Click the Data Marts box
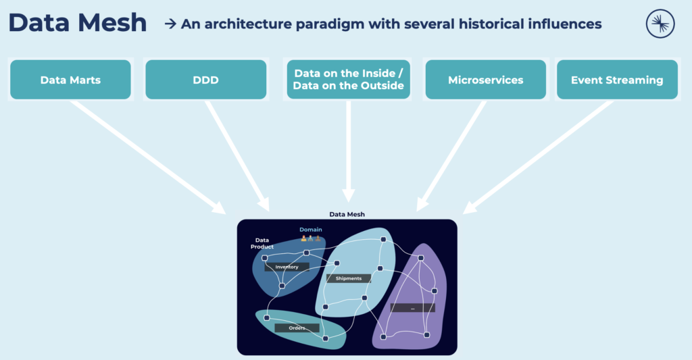(x=70, y=80)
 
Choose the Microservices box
(x=485, y=80)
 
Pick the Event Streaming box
(x=616, y=80)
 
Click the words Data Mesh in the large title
(x=78, y=24)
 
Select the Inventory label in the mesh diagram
(x=287, y=267)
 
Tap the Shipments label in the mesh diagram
(x=349, y=278)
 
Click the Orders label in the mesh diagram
(x=297, y=328)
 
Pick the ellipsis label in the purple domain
(x=412, y=308)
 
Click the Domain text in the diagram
(x=311, y=230)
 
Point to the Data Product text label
(x=262, y=243)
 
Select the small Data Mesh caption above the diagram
(x=346, y=214)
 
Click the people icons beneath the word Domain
(x=311, y=238)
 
